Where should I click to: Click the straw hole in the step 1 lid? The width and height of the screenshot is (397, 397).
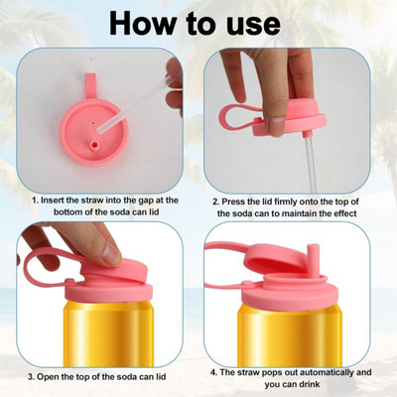click(x=95, y=145)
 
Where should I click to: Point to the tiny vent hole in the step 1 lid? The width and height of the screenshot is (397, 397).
click(x=93, y=123)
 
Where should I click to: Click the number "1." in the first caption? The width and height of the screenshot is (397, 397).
click(x=36, y=200)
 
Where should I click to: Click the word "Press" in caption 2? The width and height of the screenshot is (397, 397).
click(x=234, y=201)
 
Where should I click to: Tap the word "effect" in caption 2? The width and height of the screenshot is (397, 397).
click(x=344, y=213)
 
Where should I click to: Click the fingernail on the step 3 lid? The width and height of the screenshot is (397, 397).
click(x=111, y=255)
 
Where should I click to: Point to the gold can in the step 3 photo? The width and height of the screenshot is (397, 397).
click(x=108, y=333)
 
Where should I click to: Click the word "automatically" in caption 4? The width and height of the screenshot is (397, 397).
click(x=321, y=373)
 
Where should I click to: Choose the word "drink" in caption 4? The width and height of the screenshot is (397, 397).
click(x=310, y=384)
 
